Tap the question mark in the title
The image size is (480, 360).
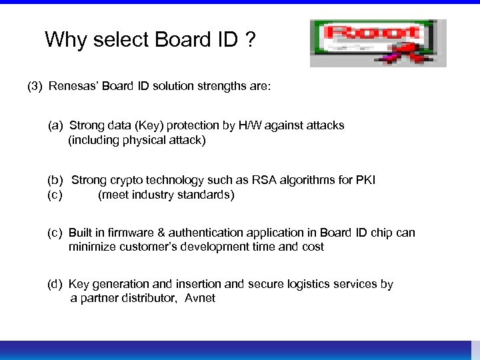[249, 40]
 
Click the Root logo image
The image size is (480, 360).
[377, 43]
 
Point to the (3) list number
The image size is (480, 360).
[35, 87]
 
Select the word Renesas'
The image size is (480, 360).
[73, 87]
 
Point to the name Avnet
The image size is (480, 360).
[200, 298]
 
